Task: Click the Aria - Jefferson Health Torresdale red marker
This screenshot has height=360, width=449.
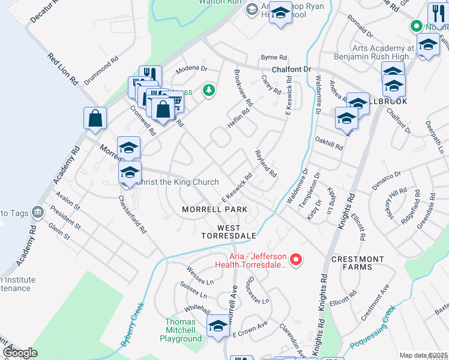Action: (295, 260)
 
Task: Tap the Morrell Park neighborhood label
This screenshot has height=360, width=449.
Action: (215, 209)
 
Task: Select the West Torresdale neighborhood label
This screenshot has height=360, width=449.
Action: (237, 232)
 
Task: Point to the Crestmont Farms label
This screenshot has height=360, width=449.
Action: (358, 263)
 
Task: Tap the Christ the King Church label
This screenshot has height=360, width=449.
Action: (177, 182)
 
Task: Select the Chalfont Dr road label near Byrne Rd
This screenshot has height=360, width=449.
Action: (291, 70)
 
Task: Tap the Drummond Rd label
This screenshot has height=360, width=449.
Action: (101, 71)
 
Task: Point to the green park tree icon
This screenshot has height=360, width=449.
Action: (209, 91)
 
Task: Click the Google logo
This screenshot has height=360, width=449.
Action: (20, 352)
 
